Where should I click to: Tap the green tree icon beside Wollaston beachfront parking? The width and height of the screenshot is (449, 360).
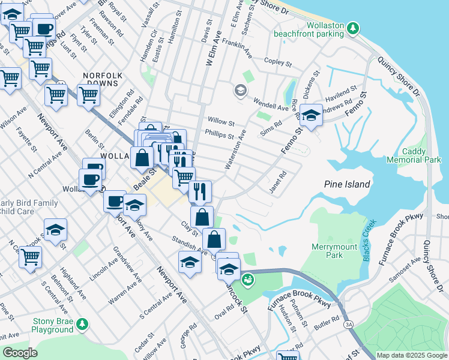point(354,28)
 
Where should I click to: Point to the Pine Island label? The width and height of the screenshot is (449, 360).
point(347,184)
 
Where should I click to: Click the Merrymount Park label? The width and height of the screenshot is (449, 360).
point(327,251)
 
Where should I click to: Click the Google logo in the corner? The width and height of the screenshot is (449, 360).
point(20,353)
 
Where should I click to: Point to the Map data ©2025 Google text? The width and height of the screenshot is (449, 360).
point(412,355)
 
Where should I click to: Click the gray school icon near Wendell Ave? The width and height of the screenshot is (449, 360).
point(241,91)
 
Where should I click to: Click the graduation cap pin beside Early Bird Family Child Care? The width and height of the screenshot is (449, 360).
point(55,230)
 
